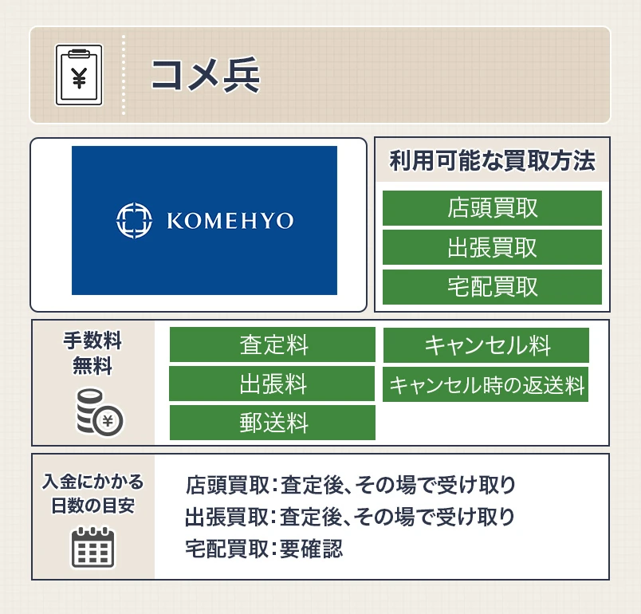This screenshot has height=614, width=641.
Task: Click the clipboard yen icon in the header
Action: tap(79, 75)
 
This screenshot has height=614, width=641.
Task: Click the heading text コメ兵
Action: tap(205, 76)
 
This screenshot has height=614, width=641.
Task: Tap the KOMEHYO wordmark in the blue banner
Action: tap(230, 221)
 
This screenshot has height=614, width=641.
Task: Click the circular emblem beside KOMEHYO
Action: tap(132, 221)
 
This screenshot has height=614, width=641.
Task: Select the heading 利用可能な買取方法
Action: tap(492, 162)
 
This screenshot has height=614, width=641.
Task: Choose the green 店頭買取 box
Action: tap(492, 208)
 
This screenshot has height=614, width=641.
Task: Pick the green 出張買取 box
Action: tap(492, 247)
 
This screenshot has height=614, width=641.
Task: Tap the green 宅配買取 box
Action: tap(492, 286)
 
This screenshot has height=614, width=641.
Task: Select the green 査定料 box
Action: tap(272, 345)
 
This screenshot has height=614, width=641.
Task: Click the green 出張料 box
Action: tap(272, 384)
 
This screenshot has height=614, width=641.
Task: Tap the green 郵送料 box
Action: tap(272, 423)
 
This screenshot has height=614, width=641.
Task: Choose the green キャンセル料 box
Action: tap(486, 345)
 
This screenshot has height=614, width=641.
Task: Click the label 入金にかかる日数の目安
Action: tap(92, 494)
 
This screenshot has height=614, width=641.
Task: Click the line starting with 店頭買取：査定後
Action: tap(350, 484)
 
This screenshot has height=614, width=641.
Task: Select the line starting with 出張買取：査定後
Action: tap(350, 516)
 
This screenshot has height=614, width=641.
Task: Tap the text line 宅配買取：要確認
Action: tap(264, 548)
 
